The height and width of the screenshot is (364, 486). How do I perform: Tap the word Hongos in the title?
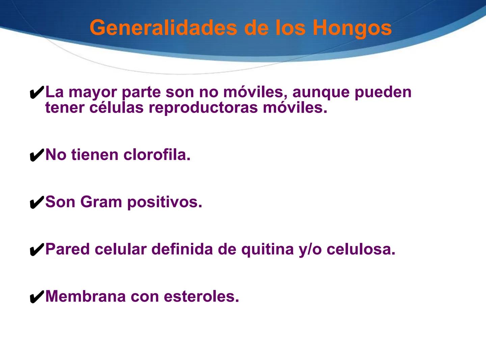point(352,28)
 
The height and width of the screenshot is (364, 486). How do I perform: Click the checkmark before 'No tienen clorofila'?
point(37,156)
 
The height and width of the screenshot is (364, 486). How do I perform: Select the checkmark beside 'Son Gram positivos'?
point(37,203)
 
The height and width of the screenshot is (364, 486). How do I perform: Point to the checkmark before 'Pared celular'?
point(37,250)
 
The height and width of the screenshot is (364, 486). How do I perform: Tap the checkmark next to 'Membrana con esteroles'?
point(37,297)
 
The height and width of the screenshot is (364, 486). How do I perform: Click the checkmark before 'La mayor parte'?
point(37,93)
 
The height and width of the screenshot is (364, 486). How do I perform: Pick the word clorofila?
point(157,155)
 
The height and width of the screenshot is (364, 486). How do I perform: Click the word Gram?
point(101,202)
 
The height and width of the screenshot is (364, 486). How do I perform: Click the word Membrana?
point(85,297)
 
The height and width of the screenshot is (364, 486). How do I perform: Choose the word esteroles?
point(201,297)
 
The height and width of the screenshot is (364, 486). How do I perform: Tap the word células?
point(116,108)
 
